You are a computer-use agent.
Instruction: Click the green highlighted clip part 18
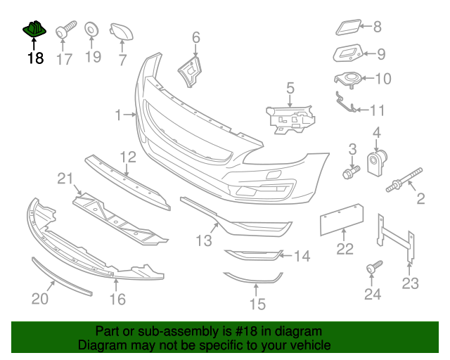34,30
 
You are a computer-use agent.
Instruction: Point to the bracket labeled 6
189,72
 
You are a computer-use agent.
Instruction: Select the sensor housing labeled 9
347,53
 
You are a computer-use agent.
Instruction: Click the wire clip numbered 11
345,103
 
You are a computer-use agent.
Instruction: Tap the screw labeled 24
373,267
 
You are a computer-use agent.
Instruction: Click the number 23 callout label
410,283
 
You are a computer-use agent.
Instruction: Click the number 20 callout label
40,299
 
